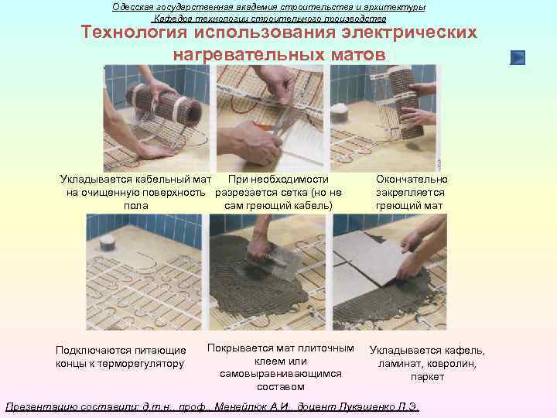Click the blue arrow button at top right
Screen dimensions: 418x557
[518, 57]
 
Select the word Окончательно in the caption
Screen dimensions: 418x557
[411, 180]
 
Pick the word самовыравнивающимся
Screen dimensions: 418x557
[280, 374]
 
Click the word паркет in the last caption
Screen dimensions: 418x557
[428, 377]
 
